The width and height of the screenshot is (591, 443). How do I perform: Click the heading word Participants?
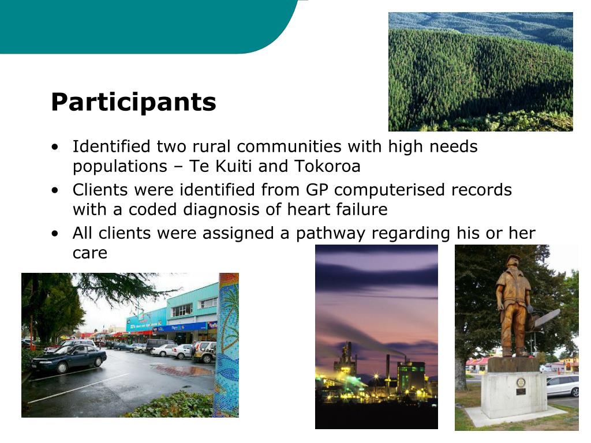coord(133,103)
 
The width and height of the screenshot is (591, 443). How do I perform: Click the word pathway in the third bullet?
coord(331,234)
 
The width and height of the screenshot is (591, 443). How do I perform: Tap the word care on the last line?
coord(89,253)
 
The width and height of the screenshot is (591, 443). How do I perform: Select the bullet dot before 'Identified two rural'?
coord(55,147)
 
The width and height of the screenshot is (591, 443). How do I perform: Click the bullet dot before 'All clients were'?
coord(55,234)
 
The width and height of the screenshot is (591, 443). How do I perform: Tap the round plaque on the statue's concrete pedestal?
coord(521,382)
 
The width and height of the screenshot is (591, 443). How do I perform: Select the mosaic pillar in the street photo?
coord(227,345)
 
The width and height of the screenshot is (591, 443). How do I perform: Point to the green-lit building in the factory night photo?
coord(412,377)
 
